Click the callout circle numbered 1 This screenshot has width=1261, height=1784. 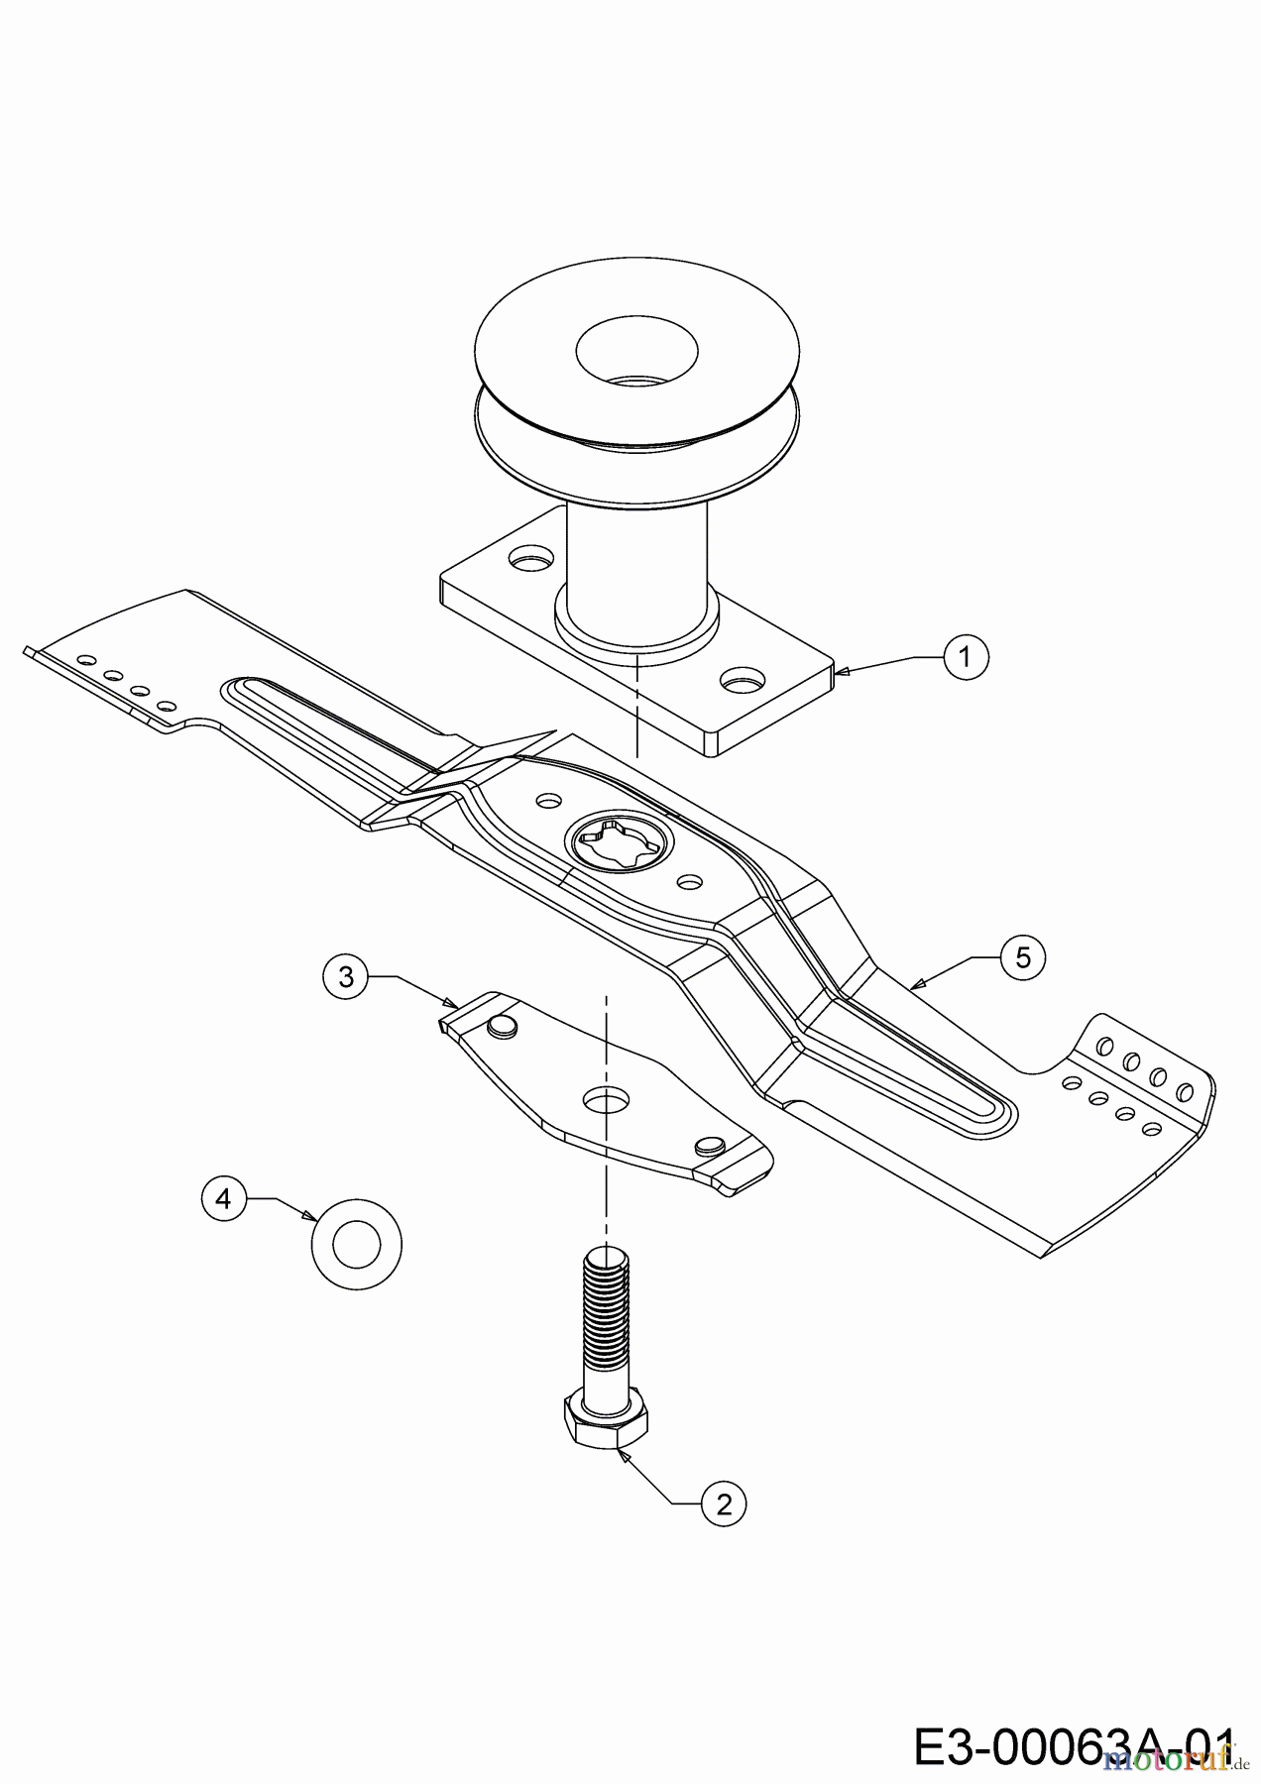966,656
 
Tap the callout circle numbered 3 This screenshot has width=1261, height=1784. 345,977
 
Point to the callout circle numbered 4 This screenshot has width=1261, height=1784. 223,1198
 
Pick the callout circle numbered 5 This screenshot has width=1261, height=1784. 1023,957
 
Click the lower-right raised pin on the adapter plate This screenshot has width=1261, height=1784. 709,1146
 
